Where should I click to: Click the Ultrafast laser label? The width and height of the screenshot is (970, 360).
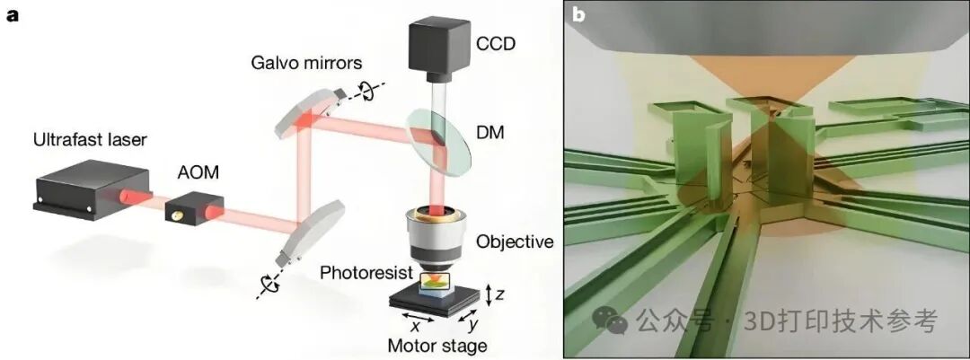[90, 141]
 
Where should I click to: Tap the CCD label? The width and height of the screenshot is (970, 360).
[497, 43]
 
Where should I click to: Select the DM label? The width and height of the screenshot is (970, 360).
[491, 133]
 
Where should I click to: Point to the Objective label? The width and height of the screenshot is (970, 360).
[515, 241]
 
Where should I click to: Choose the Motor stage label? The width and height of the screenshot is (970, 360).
[436, 346]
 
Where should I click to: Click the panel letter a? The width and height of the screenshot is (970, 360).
[12, 15]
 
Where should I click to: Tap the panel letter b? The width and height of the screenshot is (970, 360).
[579, 14]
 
